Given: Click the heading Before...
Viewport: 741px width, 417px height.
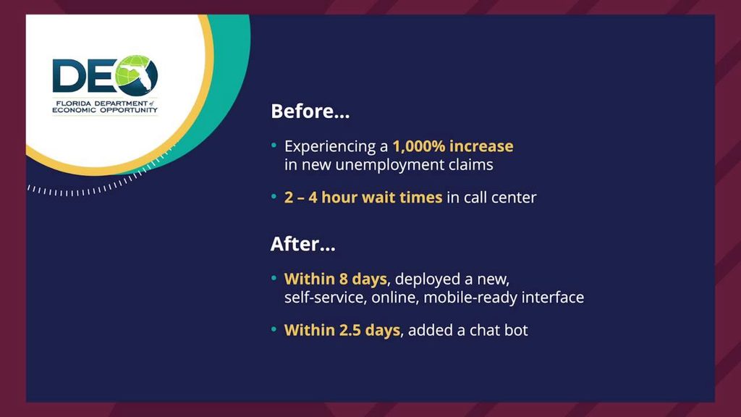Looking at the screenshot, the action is click(x=310, y=111).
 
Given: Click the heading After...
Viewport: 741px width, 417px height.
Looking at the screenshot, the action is click(x=302, y=244).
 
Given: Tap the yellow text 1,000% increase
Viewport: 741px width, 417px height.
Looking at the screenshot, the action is click(x=453, y=146).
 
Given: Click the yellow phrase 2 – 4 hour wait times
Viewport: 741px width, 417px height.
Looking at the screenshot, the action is click(x=363, y=197).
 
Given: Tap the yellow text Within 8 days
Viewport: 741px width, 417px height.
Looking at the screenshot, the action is click(x=336, y=279).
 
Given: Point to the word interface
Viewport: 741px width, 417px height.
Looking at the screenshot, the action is click(x=553, y=298).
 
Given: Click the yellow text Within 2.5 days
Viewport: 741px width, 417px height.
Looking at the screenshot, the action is click(x=342, y=330).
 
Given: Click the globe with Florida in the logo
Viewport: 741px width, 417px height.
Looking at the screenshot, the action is click(x=135, y=75).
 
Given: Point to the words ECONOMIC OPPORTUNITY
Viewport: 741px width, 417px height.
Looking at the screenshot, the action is click(x=104, y=110).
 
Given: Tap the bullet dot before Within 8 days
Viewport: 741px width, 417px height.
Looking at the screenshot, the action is click(x=274, y=278).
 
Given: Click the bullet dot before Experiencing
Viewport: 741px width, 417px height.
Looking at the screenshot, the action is click(x=274, y=145).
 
